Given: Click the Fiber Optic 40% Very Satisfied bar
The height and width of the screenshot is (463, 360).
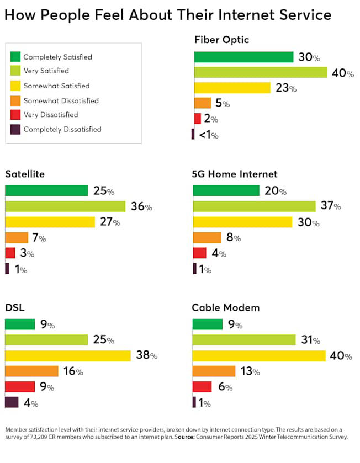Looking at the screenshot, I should tap(260, 72).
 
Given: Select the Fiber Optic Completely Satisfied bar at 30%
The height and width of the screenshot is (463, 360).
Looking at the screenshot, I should tap(243, 57).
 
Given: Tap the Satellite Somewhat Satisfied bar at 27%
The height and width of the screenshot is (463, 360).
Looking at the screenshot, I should tap(50, 222).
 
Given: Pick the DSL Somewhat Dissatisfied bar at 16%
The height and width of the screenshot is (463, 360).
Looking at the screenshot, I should tap(31, 371).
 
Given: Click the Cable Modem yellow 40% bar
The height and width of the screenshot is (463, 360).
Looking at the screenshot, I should tap(259, 356).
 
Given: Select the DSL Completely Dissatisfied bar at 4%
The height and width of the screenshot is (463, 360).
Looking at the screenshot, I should tap(12, 402).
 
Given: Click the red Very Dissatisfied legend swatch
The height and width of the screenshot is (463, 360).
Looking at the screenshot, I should tap(15, 115).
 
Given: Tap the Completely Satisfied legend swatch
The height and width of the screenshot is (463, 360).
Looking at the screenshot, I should tap(15, 57).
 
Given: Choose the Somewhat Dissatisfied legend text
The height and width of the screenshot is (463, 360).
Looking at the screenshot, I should tap(61, 100).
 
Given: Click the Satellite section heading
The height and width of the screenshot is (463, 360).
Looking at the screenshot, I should tap(25, 174).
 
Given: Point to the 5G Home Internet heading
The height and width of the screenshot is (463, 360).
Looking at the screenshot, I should tap(235, 174).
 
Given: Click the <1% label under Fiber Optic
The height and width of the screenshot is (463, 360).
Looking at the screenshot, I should tap(208, 135).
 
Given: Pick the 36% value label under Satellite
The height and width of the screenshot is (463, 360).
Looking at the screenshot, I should tap(141, 207).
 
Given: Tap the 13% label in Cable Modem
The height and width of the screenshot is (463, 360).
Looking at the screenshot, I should tap(249, 371).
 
